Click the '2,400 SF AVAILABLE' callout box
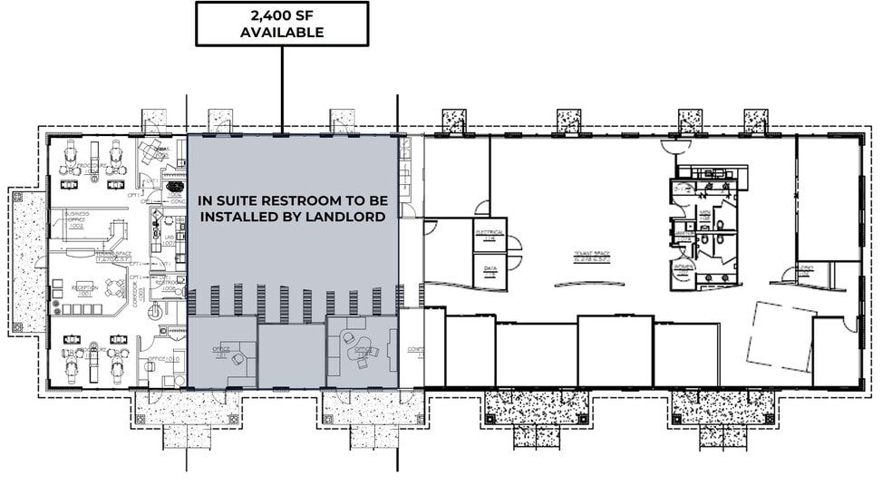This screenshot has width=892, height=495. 282,24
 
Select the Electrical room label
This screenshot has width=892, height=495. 490,233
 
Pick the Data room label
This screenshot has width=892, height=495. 490,269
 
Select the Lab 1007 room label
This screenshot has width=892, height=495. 169,240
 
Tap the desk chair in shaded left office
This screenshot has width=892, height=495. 237,359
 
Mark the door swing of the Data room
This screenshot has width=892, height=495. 515,264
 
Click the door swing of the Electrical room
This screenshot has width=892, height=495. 515,243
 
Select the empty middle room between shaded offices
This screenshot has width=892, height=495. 291,354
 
